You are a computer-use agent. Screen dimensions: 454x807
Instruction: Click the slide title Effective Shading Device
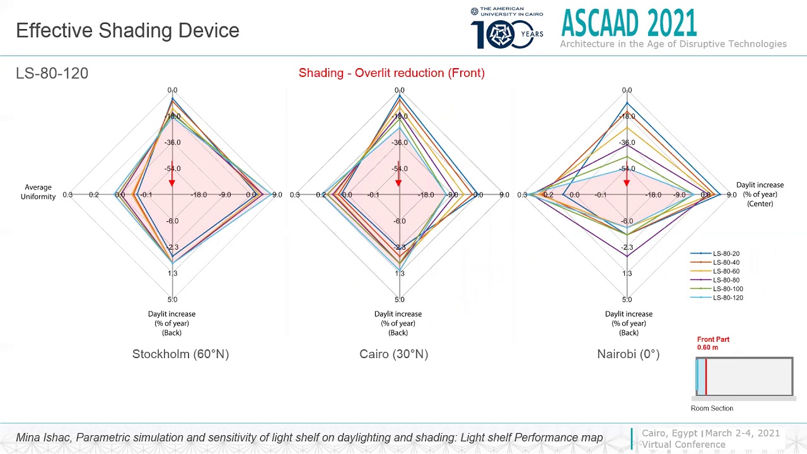tap(127, 30)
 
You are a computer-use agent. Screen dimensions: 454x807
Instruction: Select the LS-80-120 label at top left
tap(52, 73)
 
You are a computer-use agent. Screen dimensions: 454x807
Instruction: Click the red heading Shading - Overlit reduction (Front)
tap(392, 73)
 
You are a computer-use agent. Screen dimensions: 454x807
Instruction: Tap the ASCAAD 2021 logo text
tap(629, 23)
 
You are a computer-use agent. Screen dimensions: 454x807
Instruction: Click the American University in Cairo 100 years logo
tap(507, 28)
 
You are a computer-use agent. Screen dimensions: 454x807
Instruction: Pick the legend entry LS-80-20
tap(726, 253)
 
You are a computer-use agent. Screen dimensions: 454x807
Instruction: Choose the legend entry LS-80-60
tap(726, 271)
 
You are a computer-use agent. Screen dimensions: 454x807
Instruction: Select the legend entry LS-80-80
tap(726, 280)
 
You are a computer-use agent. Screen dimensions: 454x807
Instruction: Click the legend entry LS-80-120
tap(728, 298)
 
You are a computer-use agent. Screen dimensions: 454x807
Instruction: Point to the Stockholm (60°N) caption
tap(180, 354)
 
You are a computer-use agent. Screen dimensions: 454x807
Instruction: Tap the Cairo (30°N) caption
tap(393, 354)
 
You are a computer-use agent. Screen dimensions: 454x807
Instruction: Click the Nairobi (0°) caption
tap(628, 354)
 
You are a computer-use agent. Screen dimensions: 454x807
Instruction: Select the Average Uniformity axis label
tap(38, 192)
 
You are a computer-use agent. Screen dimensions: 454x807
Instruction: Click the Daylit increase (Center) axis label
tap(760, 194)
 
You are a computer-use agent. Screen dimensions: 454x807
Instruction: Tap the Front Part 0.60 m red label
tap(713, 343)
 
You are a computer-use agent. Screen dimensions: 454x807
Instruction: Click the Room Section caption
tap(712, 408)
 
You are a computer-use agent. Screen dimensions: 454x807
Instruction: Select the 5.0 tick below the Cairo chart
tap(399, 300)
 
